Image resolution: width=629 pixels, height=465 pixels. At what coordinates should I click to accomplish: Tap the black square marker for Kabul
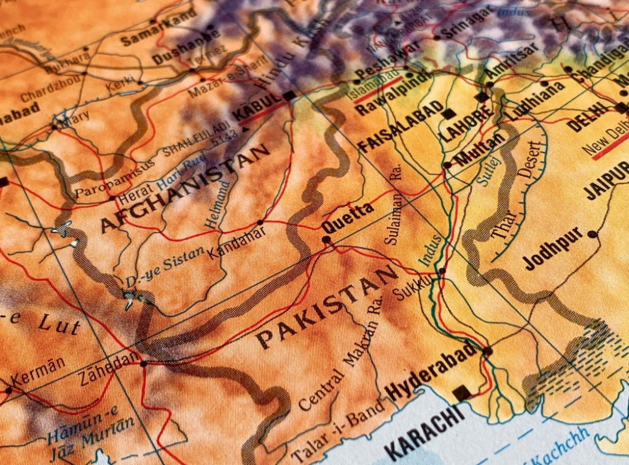click(289, 95)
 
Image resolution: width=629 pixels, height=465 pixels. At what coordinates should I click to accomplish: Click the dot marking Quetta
click(326, 240)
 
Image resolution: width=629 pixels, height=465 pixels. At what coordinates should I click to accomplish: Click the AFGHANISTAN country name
click(184, 188)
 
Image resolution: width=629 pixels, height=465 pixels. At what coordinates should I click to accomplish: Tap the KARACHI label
click(424, 431)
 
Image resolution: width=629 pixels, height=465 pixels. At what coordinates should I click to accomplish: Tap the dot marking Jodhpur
click(592, 234)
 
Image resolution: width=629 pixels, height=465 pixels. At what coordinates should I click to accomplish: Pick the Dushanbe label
click(178, 53)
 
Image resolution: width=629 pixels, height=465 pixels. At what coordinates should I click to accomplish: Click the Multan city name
click(480, 148)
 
